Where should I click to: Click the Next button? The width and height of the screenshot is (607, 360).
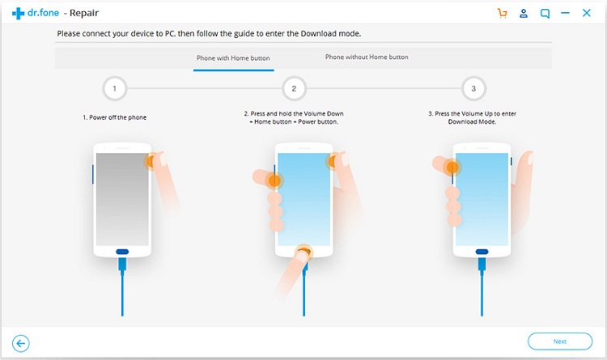pyautogui.click(x=560, y=341)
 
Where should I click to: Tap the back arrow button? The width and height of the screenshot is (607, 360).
pyautogui.click(x=20, y=343)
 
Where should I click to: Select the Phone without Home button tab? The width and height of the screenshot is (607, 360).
pyautogui.click(x=367, y=57)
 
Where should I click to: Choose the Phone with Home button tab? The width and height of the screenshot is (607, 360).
pyautogui.click(x=233, y=58)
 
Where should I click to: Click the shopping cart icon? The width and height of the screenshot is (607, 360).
pyautogui.click(x=502, y=13)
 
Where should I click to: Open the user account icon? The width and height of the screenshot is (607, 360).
pyautogui.click(x=524, y=13)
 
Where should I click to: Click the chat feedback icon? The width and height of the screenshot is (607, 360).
pyautogui.click(x=545, y=14)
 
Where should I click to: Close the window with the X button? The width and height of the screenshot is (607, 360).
pyautogui.click(x=587, y=13)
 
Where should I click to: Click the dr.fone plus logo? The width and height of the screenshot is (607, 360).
pyautogui.click(x=18, y=14)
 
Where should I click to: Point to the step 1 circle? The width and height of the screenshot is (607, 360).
pyautogui.click(x=115, y=89)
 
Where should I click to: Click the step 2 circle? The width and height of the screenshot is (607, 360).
pyautogui.click(x=295, y=89)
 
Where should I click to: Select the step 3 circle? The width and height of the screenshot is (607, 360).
pyautogui.click(x=473, y=89)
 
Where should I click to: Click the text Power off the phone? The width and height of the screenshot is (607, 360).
pyautogui.click(x=117, y=117)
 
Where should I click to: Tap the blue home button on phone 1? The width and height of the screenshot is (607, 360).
pyautogui.click(x=122, y=252)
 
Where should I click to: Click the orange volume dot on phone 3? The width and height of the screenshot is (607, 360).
pyautogui.click(x=452, y=167)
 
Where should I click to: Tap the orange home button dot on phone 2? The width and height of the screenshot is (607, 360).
pyautogui.click(x=303, y=252)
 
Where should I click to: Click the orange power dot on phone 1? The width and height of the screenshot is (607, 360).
pyautogui.click(x=151, y=161)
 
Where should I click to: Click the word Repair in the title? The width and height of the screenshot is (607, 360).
pyautogui.click(x=84, y=13)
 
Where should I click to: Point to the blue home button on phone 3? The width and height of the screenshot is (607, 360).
pyautogui.click(x=482, y=252)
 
